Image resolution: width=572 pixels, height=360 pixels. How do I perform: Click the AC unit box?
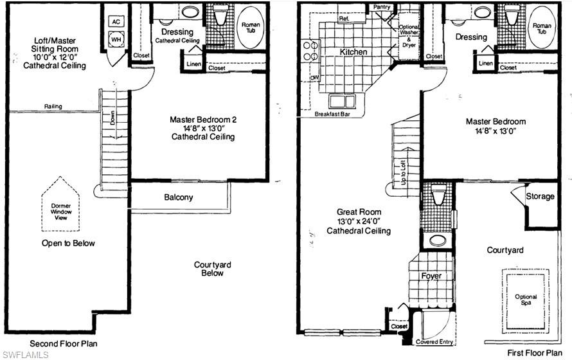(116, 22)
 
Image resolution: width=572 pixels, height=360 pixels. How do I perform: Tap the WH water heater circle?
(116, 39)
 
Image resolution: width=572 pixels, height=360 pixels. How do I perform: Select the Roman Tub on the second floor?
(251, 28)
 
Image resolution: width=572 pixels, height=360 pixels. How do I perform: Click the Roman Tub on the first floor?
(542, 28)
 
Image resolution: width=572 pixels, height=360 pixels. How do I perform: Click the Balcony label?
(179, 197)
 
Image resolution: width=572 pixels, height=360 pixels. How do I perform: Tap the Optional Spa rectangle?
(526, 301)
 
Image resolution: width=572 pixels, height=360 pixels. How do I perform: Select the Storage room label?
(540, 196)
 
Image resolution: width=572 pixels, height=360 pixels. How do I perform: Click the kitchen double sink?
(342, 101)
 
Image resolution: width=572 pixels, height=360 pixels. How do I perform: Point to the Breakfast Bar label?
(332, 114)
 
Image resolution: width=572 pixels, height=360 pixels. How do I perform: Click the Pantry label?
(382, 7)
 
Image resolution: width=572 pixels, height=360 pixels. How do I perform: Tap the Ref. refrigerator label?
(344, 18)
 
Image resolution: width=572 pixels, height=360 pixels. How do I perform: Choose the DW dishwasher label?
(314, 78)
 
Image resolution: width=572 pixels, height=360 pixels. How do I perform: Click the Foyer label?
(431, 276)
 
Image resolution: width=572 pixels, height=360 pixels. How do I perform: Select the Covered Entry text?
(434, 342)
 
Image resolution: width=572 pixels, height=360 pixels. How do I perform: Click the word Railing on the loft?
(53, 107)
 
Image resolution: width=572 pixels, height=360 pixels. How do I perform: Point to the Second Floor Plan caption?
(64, 343)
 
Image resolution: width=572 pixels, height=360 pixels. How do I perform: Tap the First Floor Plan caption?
(535, 353)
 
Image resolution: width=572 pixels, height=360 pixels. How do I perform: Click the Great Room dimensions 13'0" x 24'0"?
(359, 221)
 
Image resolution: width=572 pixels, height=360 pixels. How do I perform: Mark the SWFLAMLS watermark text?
(25, 354)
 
